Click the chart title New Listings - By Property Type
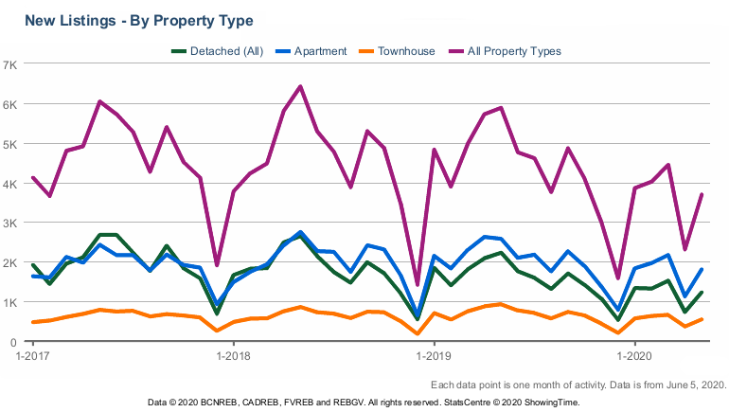tap(138, 19)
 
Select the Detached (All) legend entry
tap(224, 50)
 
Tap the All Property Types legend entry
tap(515, 50)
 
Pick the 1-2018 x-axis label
tap(233, 358)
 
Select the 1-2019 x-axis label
tap(434, 358)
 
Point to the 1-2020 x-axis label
tap(635, 358)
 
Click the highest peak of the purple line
tap(300, 86)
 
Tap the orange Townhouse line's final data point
tap(702, 319)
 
